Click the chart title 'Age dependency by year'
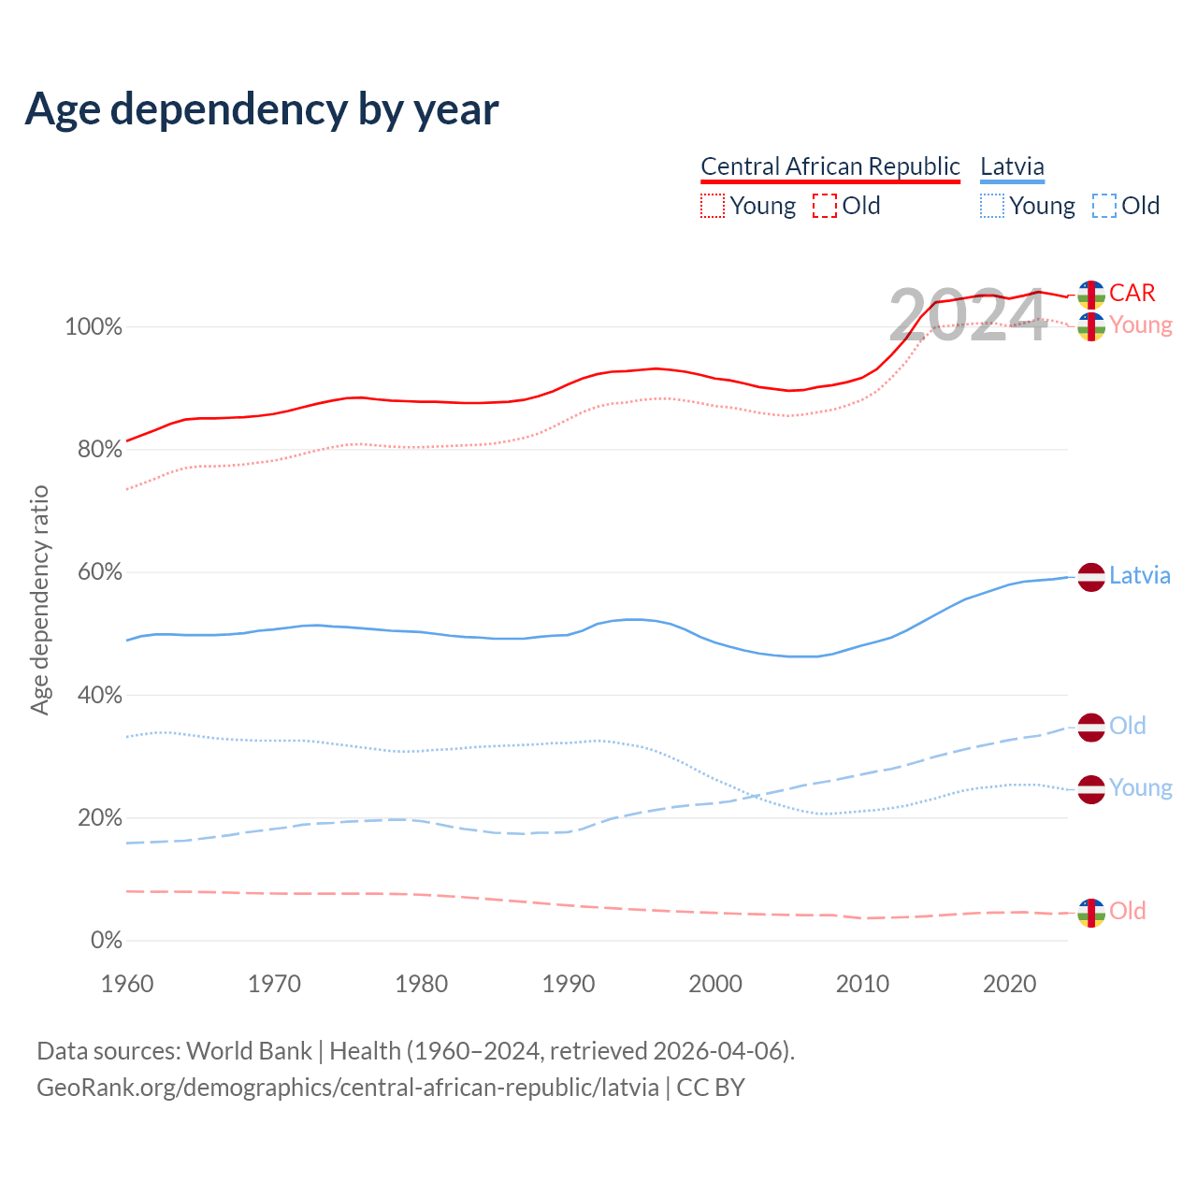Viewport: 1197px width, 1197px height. click(262, 108)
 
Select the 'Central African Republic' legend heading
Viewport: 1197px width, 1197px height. click(829, 166)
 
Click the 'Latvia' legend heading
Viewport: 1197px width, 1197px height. click(1012, 166)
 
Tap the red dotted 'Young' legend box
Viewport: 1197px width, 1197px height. click(713, 206)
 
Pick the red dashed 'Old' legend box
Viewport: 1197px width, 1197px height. click(824, 206)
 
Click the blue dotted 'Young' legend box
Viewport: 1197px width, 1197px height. click(992, 206)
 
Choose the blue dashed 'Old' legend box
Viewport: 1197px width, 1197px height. click(1103, 206)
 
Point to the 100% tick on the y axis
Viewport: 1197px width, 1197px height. click(94, 327)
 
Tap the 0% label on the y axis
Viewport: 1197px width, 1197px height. click(106, 940)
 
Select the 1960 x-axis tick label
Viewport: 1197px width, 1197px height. click(127, 984)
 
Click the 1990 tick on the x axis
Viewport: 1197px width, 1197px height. click(569, 984)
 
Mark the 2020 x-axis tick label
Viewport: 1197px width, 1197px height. click(1010, 984)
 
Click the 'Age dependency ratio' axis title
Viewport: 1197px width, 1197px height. click(39, 599)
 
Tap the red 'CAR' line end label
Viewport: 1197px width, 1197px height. click(1132, 293)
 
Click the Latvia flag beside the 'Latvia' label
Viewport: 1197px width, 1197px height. click(1091, 577)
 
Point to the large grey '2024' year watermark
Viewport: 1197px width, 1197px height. click(967, 316)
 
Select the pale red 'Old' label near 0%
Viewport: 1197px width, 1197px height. click(1127, 911)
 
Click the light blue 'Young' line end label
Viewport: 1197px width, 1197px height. click(1141, 787)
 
